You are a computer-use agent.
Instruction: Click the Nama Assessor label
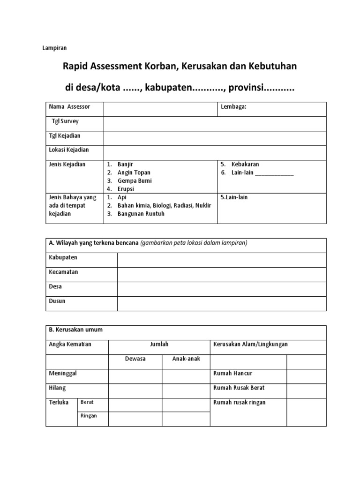coord(69,107)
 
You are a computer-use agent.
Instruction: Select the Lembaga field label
coord(233,107)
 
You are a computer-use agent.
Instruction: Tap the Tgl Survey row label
coord(65,121)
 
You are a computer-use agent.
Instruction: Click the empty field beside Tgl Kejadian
coord(215,138)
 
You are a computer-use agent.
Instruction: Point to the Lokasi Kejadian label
coord(69,150)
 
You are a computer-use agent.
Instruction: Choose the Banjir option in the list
coord(126,165)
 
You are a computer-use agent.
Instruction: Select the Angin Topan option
coord(134,172)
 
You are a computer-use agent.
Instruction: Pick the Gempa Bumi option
coord(135,180)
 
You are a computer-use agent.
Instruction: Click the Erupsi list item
coord(126,188)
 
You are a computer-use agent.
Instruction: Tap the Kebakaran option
coord(245,165)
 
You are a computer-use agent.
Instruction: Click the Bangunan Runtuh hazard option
coord(141,214)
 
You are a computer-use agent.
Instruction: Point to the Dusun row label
coord(57,301)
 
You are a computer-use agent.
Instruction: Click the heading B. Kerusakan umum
coord(75,330)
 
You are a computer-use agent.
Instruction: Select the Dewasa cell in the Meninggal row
coord(135,376)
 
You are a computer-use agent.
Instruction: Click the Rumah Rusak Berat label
coord(239,388)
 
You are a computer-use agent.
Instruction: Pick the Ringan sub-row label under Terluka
coord(89,416)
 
